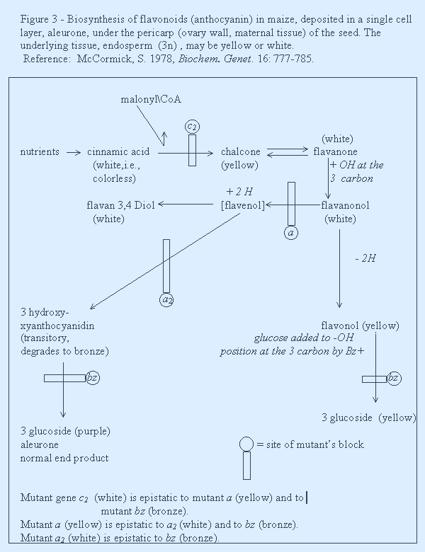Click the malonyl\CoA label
coord(151,100)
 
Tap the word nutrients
coord(40,151)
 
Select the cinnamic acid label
coord(118,151)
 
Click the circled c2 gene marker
coord(192,127)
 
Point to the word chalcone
coord(241,151)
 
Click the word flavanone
coord(335,151)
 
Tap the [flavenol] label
coord(243,205)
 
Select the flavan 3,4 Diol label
coord(120,205)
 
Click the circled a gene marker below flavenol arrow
coord(290,233)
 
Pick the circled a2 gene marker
coord(166,299)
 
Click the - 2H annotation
coord(365,258)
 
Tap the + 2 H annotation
coord(239,192)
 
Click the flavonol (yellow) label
coord(360,326)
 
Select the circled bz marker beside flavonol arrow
coord(394,379)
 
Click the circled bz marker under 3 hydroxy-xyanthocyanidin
coord(93,378)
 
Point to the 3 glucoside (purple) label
coord(65,431)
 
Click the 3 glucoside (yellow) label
coord(369,418)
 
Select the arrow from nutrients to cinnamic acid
coord(74,152)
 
